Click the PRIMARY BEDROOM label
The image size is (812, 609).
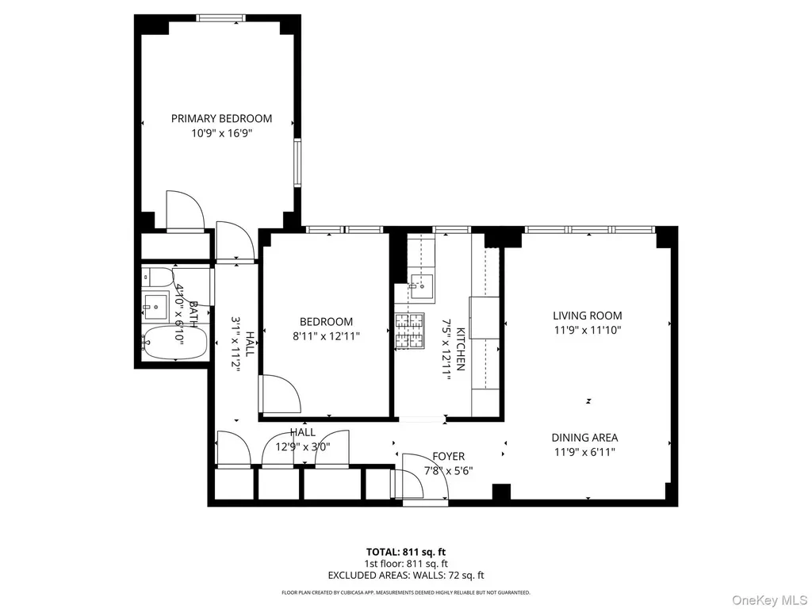(x=222, y=119)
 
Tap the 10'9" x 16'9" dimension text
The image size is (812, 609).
(x=222, y=133)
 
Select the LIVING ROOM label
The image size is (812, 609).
(x=588, y=316)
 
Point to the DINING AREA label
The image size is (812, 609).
(x=584, y=438)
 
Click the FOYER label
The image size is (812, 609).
(x=449, y=456)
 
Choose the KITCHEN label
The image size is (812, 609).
(x=461, y=350)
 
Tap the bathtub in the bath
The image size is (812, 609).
(x=175, y=342)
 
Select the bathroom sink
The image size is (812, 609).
(x=155, y=307)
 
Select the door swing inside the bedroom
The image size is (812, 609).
(x=280, y=395)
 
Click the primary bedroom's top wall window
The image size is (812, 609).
(x=220, y=18)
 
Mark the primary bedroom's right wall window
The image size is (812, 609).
(x=297, y=163)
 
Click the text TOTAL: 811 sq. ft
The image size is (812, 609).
(x=406, y=552)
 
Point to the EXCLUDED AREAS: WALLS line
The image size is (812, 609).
(x=406, y=576)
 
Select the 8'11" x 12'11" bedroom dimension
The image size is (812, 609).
(x=326, y=336)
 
